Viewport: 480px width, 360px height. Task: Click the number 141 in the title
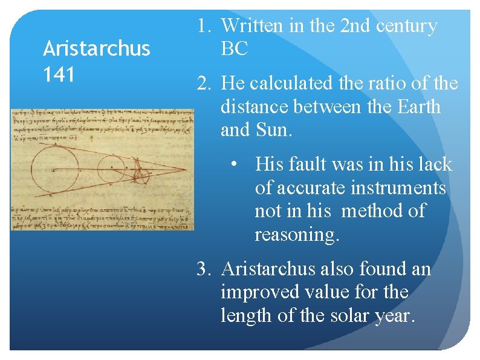click(59, 74)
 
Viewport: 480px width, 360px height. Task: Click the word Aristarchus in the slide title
click(96, 48)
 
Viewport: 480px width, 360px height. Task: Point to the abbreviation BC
click(235, 49)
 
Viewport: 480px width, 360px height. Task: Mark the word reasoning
click(297, 234)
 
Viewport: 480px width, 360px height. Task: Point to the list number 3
click(203, 269)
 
